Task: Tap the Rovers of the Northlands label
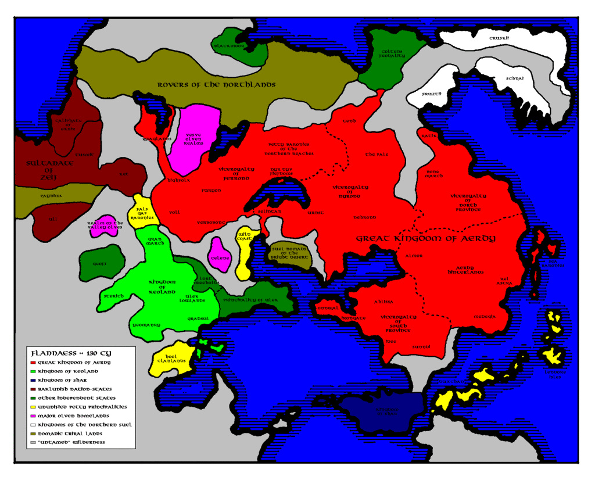click(x=216, y=85)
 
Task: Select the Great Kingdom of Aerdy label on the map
click(x=425, y=239)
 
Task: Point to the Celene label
click(x=220, y=257)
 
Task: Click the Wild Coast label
click(x=244, y=235)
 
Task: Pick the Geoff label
click(x=99, y=263)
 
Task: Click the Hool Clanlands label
click(x=171, y=358)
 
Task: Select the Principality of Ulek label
click(x=250, y=300)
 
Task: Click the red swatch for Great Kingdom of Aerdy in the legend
click(x=33, y=362)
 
